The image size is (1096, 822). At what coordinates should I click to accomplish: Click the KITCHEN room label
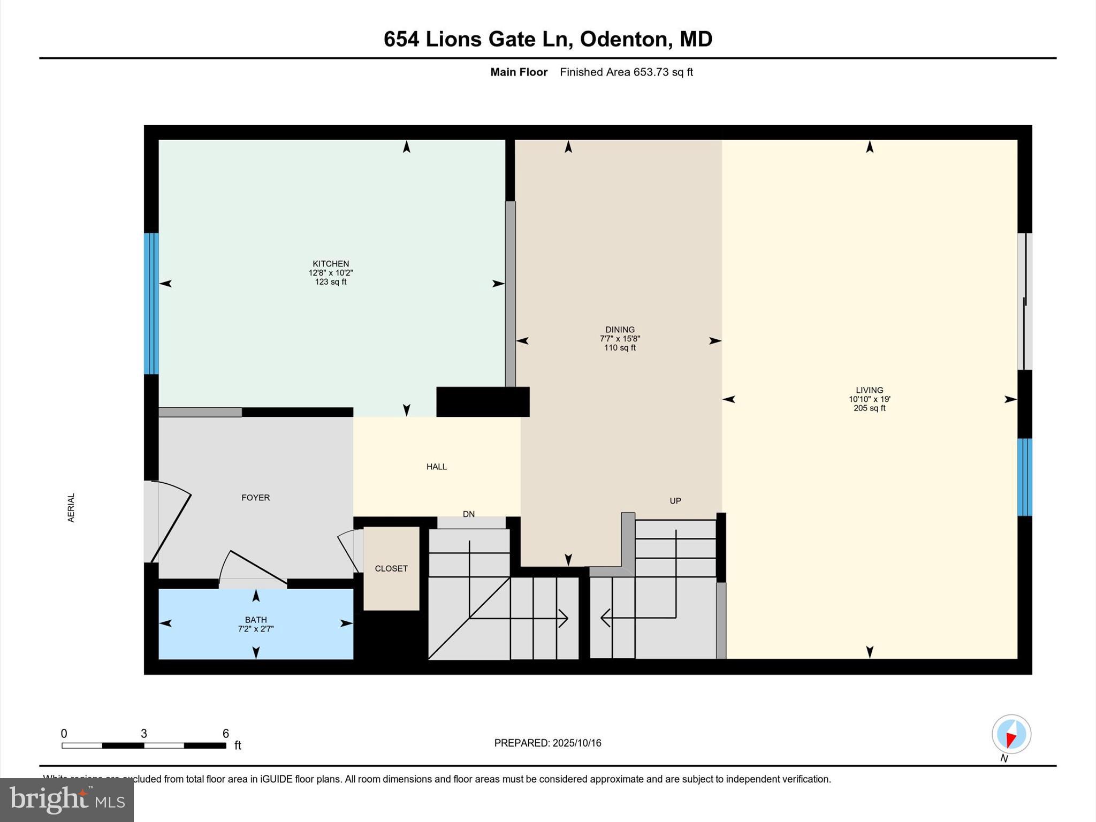point(331,264)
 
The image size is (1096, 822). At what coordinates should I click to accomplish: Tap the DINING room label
point(620,330)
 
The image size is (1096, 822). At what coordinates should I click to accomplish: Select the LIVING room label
point(869,390)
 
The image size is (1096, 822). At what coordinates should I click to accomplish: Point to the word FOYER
point(255,498)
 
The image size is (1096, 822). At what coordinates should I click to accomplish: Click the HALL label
point(436,467)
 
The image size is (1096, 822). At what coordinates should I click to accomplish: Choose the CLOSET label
point(391,568)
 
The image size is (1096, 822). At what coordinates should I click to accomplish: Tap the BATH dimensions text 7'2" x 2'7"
point(256,629)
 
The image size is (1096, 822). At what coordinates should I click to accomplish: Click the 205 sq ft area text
point(869,408)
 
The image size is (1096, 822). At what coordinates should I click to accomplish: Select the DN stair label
point(469,514)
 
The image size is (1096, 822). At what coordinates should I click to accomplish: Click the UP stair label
point(675,501)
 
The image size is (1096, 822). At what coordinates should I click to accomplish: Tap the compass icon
point(1011,734)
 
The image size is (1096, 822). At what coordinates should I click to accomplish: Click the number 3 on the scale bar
point(143,734)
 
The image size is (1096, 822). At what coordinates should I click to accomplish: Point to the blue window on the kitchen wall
point(151,303)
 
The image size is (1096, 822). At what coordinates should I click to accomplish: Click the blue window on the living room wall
point(1024,477)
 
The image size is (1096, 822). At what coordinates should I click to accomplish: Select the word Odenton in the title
point(624,39)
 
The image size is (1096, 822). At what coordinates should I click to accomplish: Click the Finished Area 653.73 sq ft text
point(626,72)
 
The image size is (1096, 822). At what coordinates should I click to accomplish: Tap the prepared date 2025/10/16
point(577,743)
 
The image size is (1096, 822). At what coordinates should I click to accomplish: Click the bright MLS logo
point(67,800)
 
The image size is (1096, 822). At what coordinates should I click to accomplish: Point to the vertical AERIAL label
point(71,507)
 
